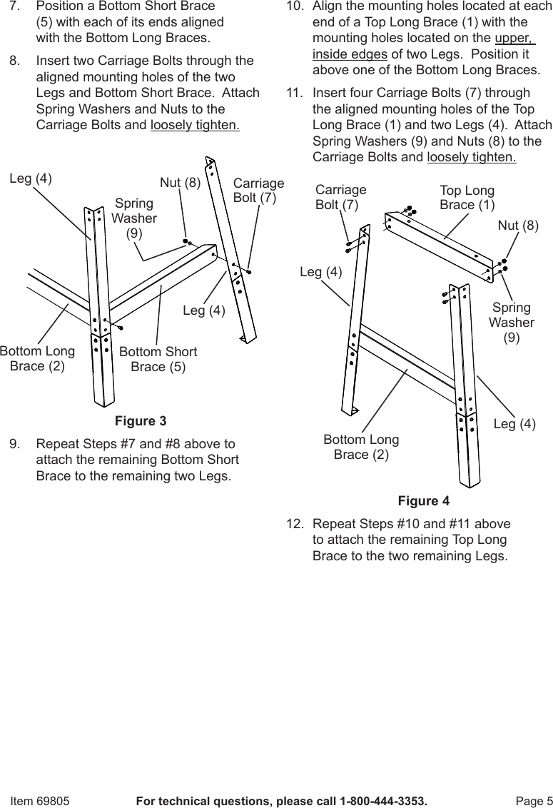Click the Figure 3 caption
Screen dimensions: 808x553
[x=141, y=420]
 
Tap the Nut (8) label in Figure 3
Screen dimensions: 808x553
[x=180, y=182]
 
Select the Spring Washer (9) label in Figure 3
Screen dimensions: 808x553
[x=134, y=218]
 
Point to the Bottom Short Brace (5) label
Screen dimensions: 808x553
[x=158, y=360]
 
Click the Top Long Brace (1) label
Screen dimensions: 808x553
[x=467, y=198]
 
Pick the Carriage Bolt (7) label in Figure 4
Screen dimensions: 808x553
[x=340, y=197]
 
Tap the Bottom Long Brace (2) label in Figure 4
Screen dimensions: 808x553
[x=361, y=447]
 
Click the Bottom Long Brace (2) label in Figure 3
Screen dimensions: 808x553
[x=37, y=359]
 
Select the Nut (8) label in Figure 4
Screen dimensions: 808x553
[x=518, y=226]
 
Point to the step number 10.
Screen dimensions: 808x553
[x=293, y=6]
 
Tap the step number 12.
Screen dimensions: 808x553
[x=293, y=524]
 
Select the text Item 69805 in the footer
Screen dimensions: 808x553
[x=40, y=801]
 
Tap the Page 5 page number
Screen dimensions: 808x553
[x=534, y=801]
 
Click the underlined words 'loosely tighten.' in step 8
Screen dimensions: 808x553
[x=195, y=125]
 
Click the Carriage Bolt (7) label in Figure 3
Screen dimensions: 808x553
[x=258, y=190]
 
